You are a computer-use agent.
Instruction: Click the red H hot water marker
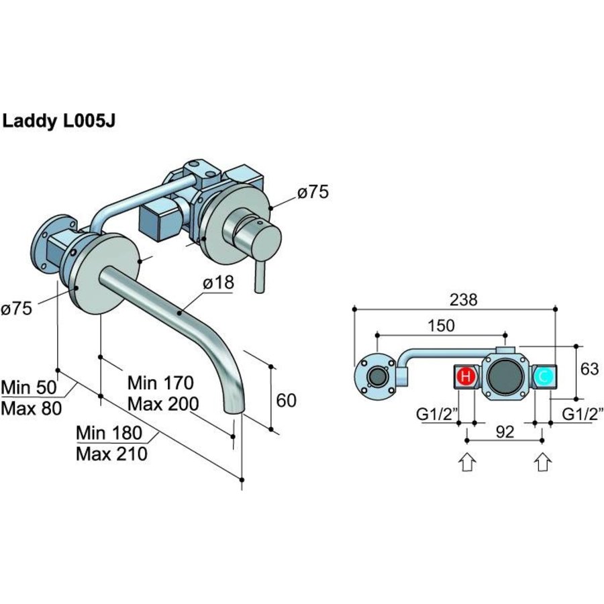(465, 377)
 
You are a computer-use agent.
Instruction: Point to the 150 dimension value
(440, 325)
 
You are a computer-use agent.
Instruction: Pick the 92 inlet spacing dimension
(504, 432)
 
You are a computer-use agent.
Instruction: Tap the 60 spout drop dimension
(286, 400)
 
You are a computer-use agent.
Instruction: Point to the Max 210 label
(111, 454)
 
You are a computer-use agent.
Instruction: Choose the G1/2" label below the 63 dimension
(582, 413)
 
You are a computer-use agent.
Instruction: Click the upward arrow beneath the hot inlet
(467, 462)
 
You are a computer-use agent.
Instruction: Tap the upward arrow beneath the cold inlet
(543, 462)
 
